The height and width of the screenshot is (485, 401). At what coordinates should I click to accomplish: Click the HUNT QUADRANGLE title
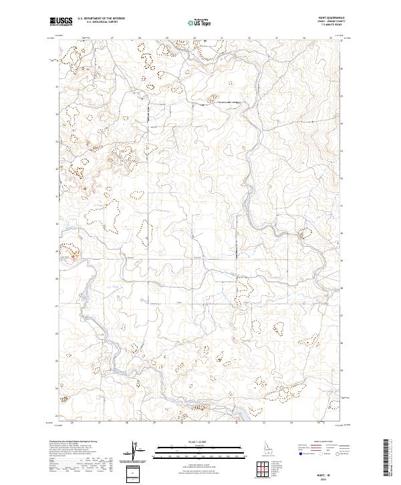click(x=330, y=19)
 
